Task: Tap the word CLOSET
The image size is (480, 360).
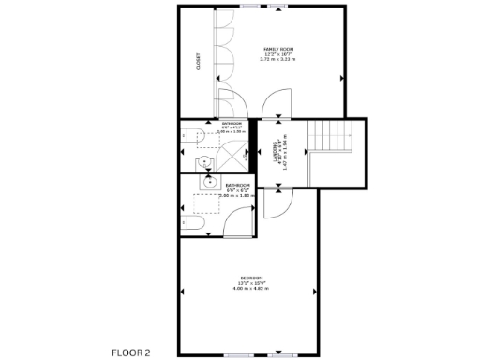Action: click(x=198, y=61)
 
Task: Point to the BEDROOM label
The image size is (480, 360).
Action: click(x=250, y=277)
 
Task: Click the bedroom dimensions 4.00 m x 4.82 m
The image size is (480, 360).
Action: click(x=250, y=288)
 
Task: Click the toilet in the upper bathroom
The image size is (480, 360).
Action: click(x=195, y=136)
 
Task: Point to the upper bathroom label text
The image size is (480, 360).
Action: click(x=231, y=123)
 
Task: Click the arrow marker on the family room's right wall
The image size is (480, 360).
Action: click(x=342, y=76)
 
